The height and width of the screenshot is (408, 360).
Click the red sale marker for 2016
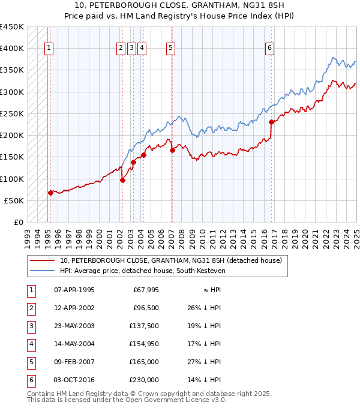pyautogui.click(x=271, y=122)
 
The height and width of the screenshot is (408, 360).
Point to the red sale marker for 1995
pyautogui.click(x=50, y=193)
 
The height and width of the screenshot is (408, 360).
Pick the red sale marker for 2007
pyautogui.click(x=172, y=150)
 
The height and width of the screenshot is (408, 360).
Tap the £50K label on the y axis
pyautogui.click(x=14, y=200)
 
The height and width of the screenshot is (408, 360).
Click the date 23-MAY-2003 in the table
pyautogui.click(x=74, y=327)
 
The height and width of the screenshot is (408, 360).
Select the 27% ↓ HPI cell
pyautogui.click(x=204, y=362)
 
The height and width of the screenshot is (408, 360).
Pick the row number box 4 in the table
pyautogui.click(x=31, y=344)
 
